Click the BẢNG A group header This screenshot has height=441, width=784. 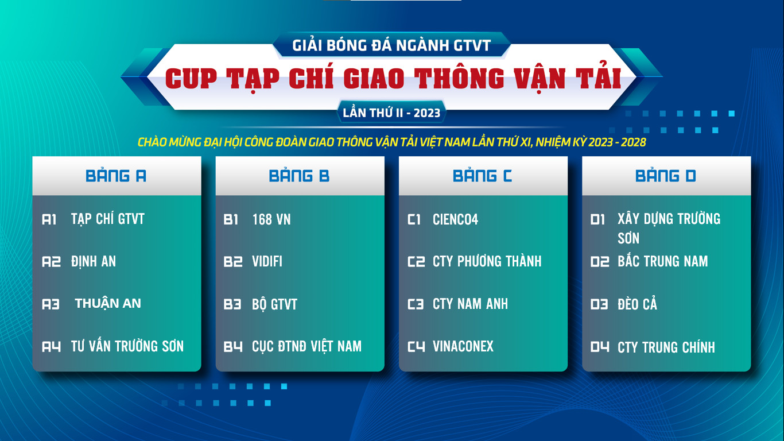click(117, 176)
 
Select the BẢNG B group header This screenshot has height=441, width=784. click(300, 176)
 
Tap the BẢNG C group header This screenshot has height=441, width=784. click(483, 176)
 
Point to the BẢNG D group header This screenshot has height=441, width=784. click(666, 176)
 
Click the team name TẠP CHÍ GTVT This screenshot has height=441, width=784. click(107, 219)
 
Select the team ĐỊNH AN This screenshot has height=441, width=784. click(94, 261)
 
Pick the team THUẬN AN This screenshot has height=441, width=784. click(108, 303)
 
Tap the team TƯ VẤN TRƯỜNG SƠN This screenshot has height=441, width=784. click(127, 346)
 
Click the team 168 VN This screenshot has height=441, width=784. click(271, 219)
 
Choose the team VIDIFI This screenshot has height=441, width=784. click(267, 261)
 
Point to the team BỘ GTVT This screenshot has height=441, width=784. click(274, 304)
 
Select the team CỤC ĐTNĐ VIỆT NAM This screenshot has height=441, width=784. click(306, 346)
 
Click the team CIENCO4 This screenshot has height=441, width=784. click(456, 219)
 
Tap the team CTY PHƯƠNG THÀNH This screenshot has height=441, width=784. click(487, 261)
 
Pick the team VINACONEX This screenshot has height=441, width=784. click(463, 346)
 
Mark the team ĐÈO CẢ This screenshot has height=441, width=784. click(637, 304)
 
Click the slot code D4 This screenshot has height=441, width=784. click(599, 347)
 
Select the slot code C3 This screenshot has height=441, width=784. click(416, 304)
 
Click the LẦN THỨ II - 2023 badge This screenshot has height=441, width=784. click(391, 113)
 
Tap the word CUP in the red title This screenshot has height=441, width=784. click(191, 79)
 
